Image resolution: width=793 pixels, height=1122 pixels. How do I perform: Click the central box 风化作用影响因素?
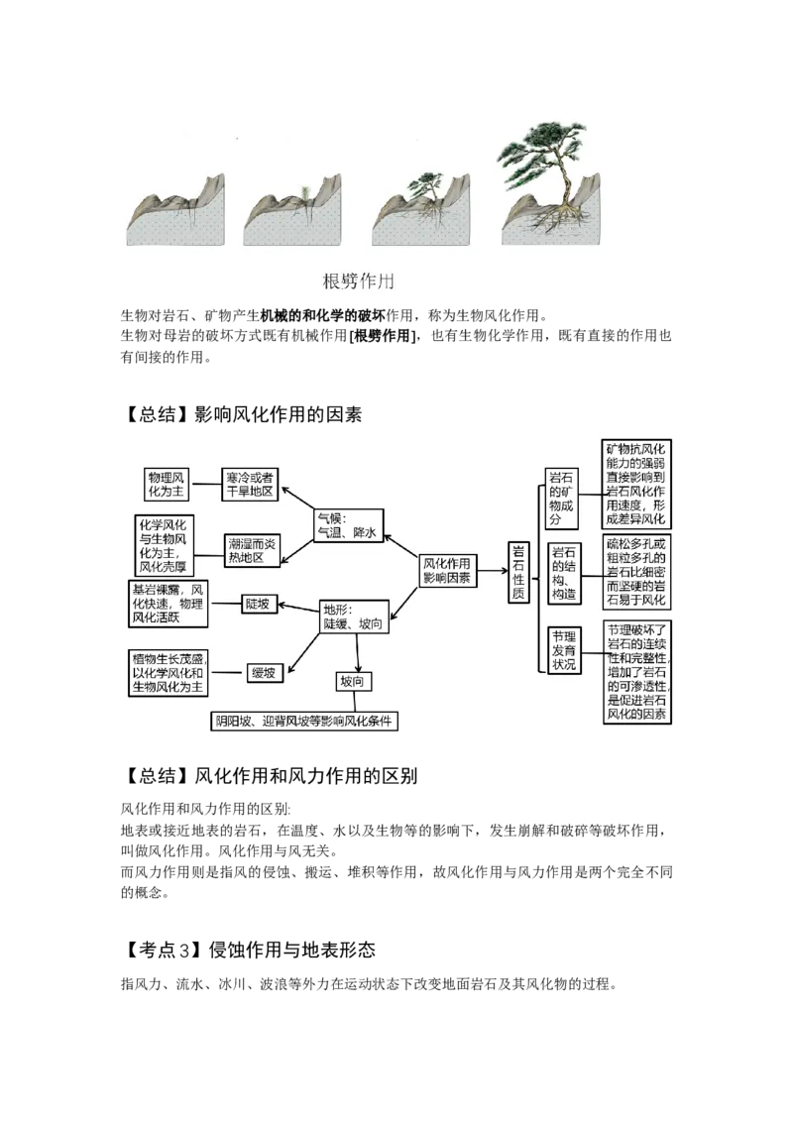click(447, 570)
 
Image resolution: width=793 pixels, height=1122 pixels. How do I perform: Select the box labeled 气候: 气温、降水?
click(349, 526)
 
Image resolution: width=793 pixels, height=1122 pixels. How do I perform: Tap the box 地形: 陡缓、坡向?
click(354, 617)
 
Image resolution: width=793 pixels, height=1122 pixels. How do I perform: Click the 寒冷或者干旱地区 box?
click(249, 485)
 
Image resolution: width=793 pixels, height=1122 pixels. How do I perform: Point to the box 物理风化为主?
click(167, 485)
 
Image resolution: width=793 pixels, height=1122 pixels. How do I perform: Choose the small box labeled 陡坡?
click(257, 605)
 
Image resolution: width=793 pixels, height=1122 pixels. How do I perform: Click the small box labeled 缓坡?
click(264, 673)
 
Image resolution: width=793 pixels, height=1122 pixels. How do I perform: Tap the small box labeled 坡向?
click(353, 682)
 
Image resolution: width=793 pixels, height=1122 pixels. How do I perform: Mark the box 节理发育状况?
click(564, 650)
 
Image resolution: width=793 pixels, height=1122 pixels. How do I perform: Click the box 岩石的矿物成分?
click(561, 498)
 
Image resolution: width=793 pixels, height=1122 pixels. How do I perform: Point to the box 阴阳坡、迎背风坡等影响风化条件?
click(304, 722)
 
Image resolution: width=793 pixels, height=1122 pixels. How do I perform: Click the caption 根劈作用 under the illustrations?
click(358, 281)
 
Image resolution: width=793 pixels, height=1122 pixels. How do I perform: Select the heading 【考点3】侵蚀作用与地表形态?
click(249, 950)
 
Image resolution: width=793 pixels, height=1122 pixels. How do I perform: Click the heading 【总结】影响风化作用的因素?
click(242, 414)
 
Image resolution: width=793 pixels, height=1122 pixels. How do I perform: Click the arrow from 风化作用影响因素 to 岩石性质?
click(493, 571)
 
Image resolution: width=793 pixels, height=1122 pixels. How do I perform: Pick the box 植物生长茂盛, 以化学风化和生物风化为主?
click(169, 673)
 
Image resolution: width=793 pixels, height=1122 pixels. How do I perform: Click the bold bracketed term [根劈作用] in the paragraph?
click(383, 336)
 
